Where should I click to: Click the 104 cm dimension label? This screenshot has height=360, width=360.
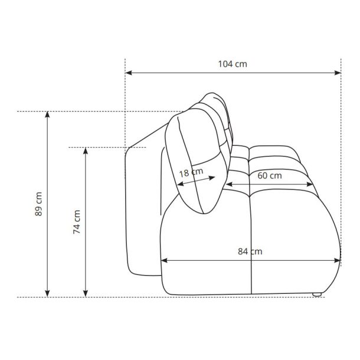click(233, 64)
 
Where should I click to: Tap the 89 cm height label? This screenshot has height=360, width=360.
click(38, 204)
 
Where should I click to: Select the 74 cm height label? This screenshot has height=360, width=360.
click(77, 222)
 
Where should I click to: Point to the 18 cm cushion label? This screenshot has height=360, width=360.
click(191, 172)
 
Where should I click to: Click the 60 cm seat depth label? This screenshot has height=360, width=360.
click(270, 176)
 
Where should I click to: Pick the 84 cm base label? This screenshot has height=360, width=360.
click(250, 251)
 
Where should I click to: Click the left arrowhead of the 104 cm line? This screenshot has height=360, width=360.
click(129, 73)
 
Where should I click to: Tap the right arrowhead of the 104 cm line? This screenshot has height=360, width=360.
click(338, 73)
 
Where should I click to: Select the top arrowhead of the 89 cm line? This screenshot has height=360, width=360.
click(47, 114)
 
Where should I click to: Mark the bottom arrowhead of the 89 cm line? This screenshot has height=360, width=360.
click(47, 294)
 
